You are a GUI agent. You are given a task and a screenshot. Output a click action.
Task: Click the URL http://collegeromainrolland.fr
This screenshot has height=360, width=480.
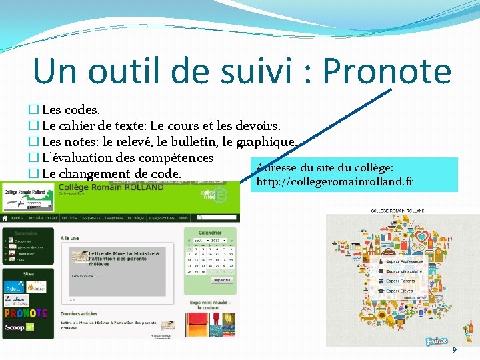335,182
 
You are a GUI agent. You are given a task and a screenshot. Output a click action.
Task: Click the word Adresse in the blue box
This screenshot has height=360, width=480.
279,167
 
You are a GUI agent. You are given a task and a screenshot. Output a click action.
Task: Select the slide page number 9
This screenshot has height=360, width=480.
455,350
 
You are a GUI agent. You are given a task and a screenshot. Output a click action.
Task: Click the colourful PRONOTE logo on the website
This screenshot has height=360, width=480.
25,313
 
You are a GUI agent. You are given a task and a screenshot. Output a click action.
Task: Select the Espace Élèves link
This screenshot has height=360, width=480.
399,291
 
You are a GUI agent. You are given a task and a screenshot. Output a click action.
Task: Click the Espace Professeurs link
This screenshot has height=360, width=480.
404,261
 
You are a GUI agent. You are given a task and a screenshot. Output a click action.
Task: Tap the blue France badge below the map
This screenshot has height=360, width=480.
437,340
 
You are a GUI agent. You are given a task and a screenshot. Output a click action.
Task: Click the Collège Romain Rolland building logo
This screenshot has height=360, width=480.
20,191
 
